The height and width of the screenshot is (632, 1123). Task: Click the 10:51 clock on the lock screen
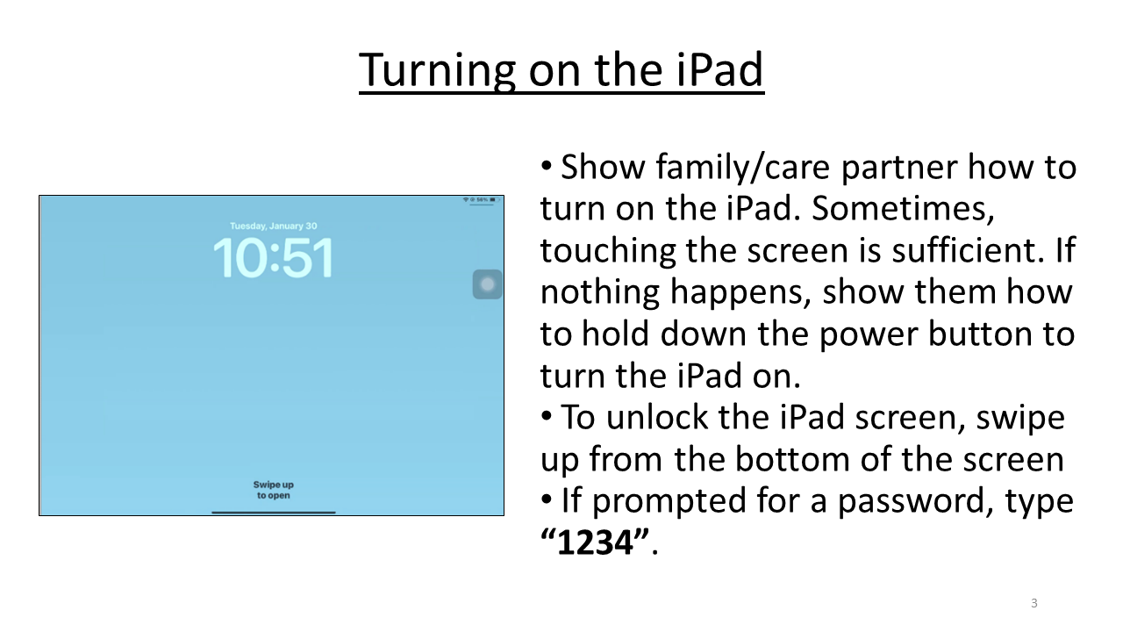(273, 258)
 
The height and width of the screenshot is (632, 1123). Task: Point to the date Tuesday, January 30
(273, 226)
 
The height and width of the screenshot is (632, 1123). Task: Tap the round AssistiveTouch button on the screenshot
(488, 284)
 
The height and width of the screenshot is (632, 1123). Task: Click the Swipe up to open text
(273, 490)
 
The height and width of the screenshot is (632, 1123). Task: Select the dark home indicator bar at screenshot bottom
(273, 512)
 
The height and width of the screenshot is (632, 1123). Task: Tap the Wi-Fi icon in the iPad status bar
(466, 200)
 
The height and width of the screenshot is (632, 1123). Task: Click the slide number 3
(1034, 603)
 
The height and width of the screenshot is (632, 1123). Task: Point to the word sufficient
(945, 250)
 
